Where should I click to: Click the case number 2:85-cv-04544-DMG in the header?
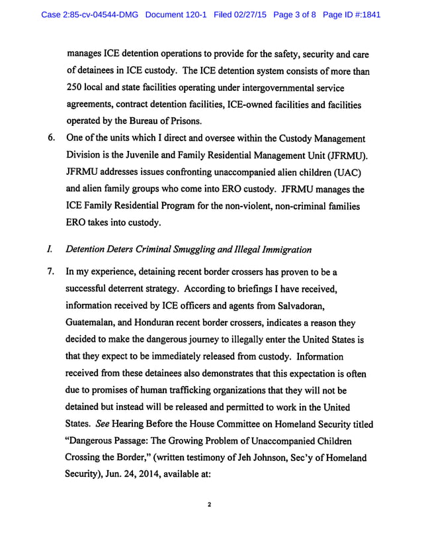point(90,13)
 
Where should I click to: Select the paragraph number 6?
point(50,138)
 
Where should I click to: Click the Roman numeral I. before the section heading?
point(50,249)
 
